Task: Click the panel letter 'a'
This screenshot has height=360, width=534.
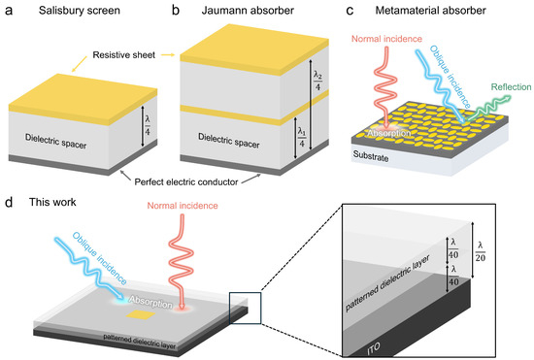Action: [x=8, y=11]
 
